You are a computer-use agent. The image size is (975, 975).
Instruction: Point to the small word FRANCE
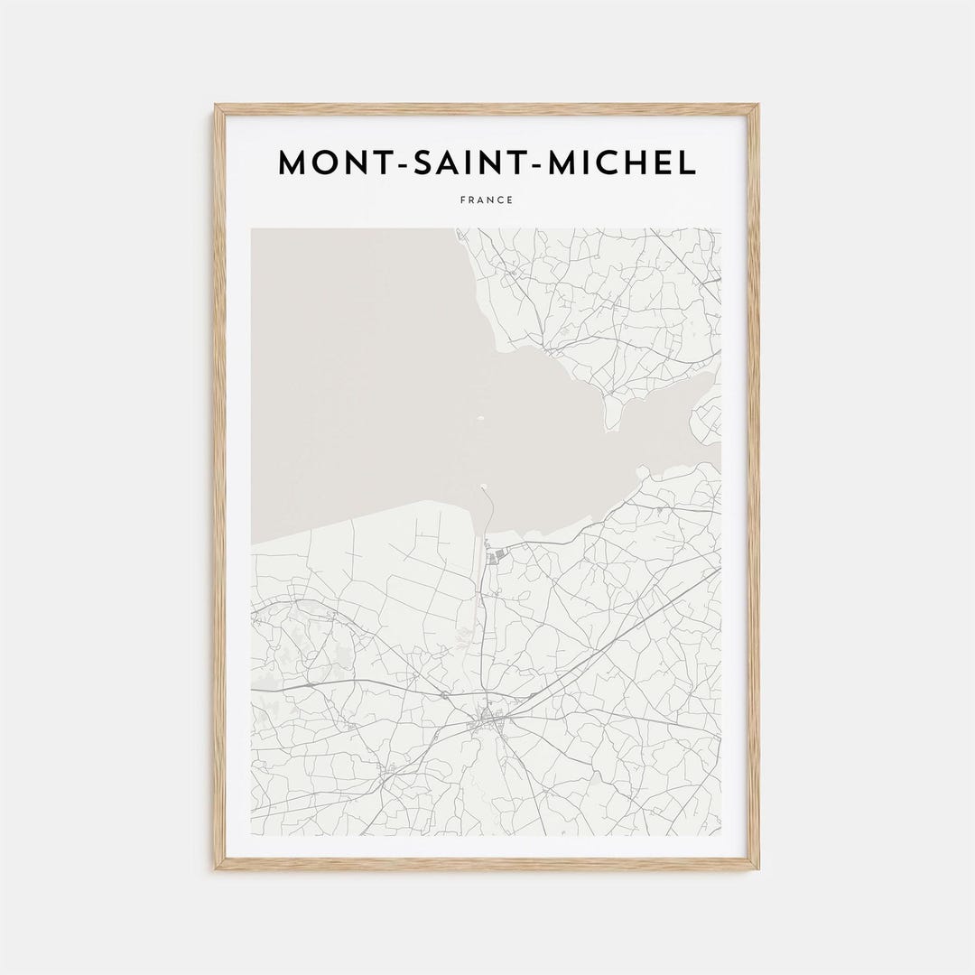[x=487, y=200]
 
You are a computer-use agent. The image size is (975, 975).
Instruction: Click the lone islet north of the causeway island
[x=480, y=418]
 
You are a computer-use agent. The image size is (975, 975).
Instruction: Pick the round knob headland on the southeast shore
[x=642, y=471]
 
